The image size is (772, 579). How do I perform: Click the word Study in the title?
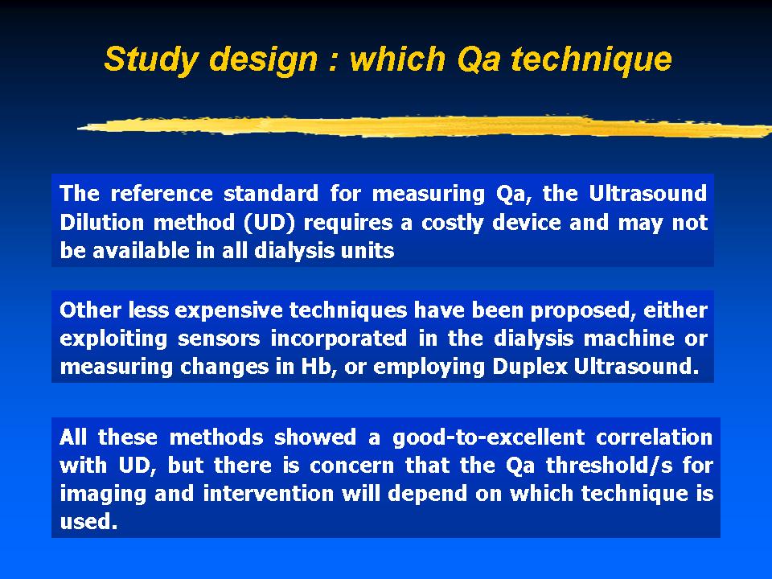pyautogui.click(x=151, y=60)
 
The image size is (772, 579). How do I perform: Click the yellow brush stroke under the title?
pyautogui.click(x=425, y=126)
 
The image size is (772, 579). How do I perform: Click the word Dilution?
pyautogui.click(x=101, y=222)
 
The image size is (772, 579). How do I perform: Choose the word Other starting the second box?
pyautogui.click(x=90, y=310)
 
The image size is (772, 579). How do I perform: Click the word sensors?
pyautogui.click(x=219, y=339)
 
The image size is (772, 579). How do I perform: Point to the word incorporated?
pyautogui.click(x=339, y=339)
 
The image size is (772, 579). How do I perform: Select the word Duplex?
pyautogui.click(x=530, y=367)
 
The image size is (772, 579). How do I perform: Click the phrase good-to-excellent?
pyautogui.click(x=488, y=437)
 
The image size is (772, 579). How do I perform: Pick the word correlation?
pyautogui.click(x=654, y=437)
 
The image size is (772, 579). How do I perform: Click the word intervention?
pyautogui.click(x=269, y=493)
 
